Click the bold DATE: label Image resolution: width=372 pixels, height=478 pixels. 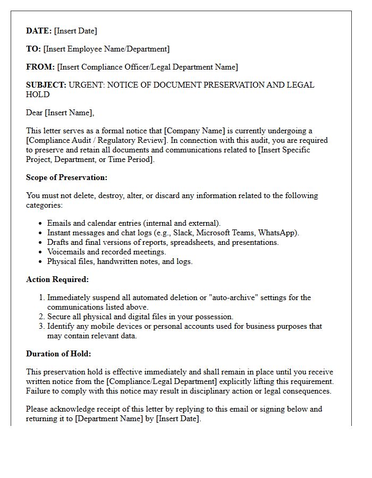(39, 31)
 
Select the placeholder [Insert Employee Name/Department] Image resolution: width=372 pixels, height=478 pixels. (106, 49)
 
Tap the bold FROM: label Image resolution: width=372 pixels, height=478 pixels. (40, 67)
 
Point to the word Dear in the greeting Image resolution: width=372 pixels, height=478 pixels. (35, 113)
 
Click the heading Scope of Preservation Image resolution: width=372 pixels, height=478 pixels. (66, 177)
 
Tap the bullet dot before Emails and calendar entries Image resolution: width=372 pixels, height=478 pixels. (41, 224)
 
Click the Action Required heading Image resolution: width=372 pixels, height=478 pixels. (57, 279)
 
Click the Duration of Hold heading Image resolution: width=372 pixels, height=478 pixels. (58, 354)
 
